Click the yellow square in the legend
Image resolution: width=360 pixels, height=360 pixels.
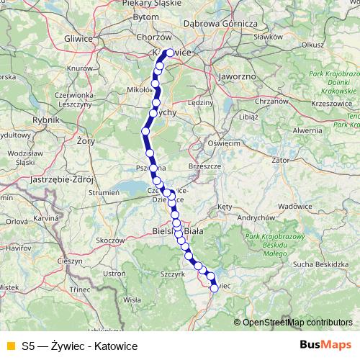10,346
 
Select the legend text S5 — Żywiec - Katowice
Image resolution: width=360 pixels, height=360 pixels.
79,346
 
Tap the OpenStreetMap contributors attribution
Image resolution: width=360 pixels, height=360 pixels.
297,322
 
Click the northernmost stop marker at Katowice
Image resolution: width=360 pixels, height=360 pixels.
170,52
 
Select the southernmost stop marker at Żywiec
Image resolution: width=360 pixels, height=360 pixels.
214,288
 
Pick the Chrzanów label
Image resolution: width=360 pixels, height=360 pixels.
271,102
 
